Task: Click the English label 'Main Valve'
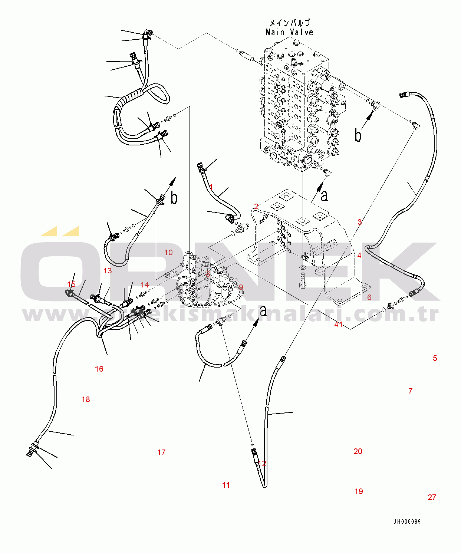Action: point(289,32)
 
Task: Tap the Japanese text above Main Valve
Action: point(289,23)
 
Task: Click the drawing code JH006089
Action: point(407,521)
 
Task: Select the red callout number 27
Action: point(432,497)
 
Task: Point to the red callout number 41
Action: point(338,325)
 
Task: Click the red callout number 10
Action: point(168,253)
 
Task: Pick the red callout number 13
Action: point(108,271)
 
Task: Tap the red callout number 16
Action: point(99,369)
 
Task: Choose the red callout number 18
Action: point(86,399)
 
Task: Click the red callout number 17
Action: point(161,452)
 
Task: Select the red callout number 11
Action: point(226,485)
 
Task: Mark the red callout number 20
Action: point(358,451)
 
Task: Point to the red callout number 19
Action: point(359,491)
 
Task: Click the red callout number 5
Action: point(435,358)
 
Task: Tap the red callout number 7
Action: point(410,391)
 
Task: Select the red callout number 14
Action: point(145,285)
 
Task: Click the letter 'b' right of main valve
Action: point(358,135)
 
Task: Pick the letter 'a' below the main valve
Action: point(324,195)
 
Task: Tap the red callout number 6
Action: point(369,297)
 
